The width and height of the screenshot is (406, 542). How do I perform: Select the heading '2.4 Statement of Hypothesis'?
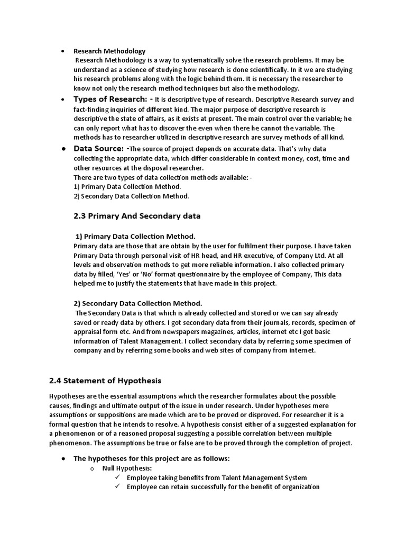(x=105, y=381)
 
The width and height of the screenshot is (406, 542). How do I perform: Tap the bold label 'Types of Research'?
(x=110, y=100)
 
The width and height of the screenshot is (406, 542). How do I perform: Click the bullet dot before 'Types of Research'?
(x=63, y=100)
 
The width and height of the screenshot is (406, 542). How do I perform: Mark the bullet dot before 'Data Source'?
(x=63, y=149)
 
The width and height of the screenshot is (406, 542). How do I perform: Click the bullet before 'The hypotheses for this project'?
(x=63, y=458)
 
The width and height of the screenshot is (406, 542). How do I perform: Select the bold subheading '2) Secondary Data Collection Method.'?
(x=137, y=303)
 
